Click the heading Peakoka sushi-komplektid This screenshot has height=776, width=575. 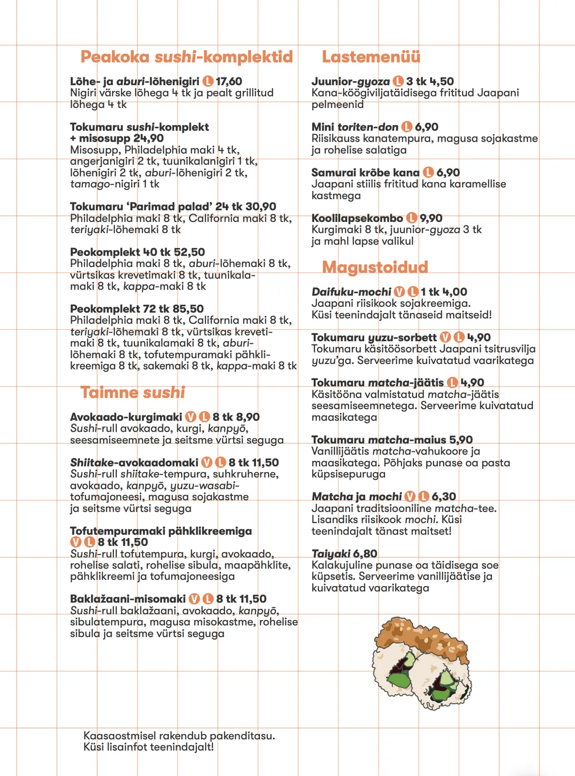click(x=186, y=57)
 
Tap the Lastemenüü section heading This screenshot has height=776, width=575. click(x=371, y=57)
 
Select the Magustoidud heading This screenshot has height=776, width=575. click(x=375, y=267)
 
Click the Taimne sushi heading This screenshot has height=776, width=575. click(x=133, y=393)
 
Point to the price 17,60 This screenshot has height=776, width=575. click(x=229, y=82)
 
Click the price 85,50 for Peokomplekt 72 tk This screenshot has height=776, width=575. click(x=188, y=309)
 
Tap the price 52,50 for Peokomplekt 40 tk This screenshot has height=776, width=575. click(x=189, y=252)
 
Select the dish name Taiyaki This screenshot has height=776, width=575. click(x=331, y=554)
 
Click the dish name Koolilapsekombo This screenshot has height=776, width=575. click(x=357, y=218)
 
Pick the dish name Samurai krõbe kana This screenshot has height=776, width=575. click(x=365, y=173)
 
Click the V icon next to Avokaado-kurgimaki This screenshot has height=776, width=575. click(x=191, y=417)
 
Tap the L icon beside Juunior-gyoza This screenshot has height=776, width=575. click(x=398, y=82)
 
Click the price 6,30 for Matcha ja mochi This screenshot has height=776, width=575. click(x=444, y=497)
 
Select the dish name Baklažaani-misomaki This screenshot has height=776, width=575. click(x=128, y=599)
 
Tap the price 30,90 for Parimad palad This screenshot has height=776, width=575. click(x=261, y=207)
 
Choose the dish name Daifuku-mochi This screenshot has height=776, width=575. click(x=351, y=292)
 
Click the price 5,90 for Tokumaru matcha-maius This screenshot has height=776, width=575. click(x=461, y=440)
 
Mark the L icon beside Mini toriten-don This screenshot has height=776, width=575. click(x=407, y=127)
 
